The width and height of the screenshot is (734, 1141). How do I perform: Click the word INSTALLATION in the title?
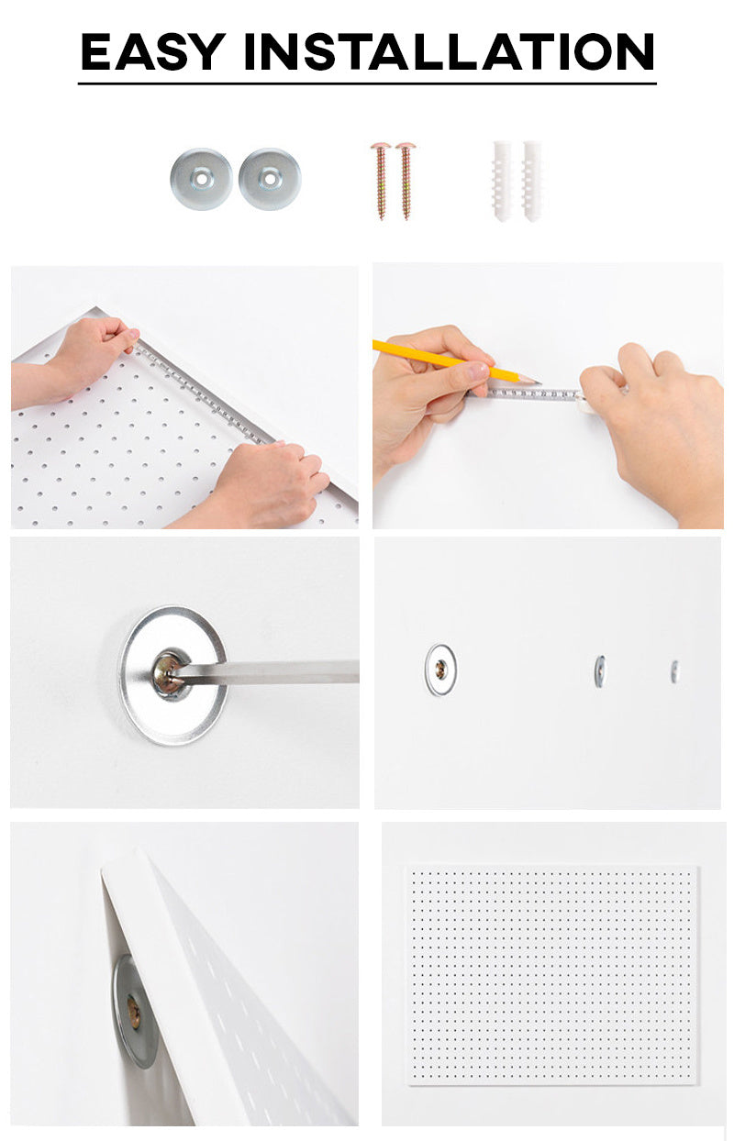[x=450, y=51]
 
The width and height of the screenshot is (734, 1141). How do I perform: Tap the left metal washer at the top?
[x=201, y=179]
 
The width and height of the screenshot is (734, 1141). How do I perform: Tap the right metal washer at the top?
[x=270, y=179]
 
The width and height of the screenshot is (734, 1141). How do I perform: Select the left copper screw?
[x=381, y=181]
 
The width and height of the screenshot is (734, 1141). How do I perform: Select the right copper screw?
[x=406, y=181]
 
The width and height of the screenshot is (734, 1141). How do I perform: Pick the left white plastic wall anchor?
[x=502, y=181]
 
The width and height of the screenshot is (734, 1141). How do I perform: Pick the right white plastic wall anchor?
[x=531, y=181]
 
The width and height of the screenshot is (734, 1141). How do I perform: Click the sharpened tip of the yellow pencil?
[x=539, y=382]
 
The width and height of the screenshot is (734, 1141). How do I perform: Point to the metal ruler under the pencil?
[x=529, y=394]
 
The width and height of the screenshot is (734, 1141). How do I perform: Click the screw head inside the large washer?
[x=169, y=674]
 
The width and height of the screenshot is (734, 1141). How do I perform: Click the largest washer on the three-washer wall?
[x=440, y=670]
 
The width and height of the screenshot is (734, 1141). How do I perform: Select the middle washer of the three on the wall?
[x=600, y=670]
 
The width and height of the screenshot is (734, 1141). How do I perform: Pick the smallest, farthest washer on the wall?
[x=674, y=671]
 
